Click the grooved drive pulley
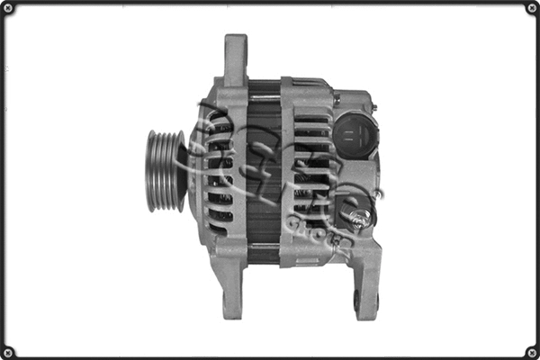(166, 170)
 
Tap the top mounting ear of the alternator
(235, 56)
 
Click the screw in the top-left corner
(10, 10)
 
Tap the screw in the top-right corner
(530, 10)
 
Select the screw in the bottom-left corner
(10, 350)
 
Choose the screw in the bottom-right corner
(530, 350)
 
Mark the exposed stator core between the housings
(265, 166)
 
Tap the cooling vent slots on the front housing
(220, 171)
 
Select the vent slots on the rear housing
(310, 171)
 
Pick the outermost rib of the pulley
(151, 170)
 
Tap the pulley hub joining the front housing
(186, 170)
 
